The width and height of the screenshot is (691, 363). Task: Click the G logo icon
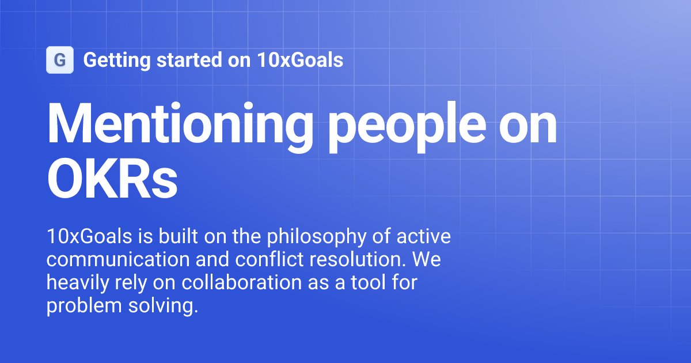click(60, 60)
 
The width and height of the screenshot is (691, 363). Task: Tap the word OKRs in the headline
click(112, 180)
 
